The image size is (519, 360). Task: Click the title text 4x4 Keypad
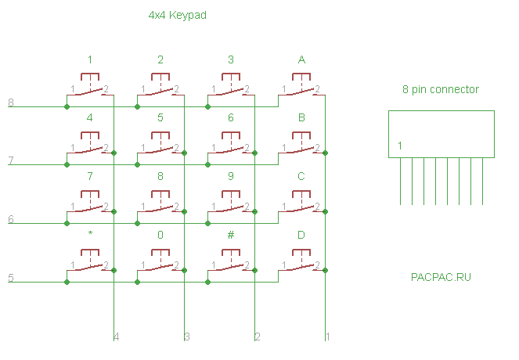tap(177, 15)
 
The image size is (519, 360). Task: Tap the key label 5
tap(160, 118)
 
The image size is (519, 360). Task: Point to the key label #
tap(231, 234)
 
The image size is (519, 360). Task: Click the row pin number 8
tap(10, 103)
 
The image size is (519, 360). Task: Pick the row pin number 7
tap(10, 161)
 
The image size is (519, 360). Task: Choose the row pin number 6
tap(10, 220)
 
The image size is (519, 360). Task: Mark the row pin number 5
tap(10, 278)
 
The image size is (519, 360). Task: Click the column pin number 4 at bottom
tap(117, 337)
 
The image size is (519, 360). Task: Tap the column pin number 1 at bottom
tap(327, 337)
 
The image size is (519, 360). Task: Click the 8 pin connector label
tap(441, 90)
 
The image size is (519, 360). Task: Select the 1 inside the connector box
tap(399, 146)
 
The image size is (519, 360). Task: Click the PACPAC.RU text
tap(441, 277)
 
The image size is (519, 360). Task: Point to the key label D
tap(301, 235)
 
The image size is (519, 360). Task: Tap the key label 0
tap(160, 234)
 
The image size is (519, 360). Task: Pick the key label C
tap(301, 176)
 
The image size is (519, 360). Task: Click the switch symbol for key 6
tap(231, 146)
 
